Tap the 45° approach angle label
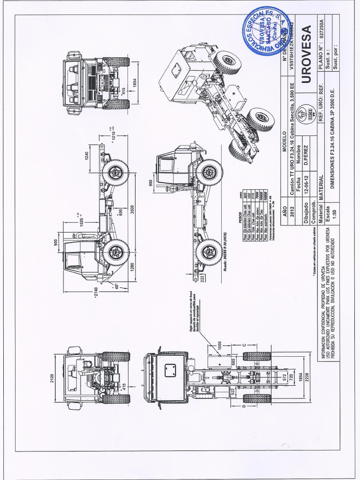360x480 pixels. pos(116,285)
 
